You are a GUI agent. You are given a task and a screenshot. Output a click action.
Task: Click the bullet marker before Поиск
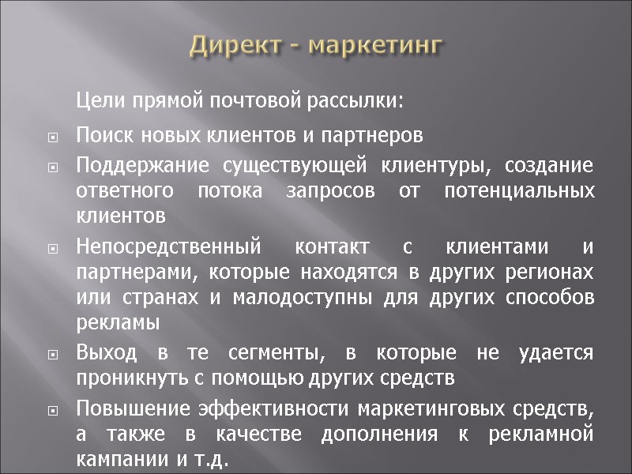(x=53, y=137)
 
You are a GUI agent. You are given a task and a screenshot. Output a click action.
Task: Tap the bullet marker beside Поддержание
(x=53, y=168)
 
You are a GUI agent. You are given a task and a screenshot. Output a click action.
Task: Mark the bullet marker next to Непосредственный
(x=53, y=249)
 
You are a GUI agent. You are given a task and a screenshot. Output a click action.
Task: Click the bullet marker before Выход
(x=53, y=355)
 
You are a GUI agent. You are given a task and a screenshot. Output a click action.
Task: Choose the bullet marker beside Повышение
(x=53, y=411)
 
